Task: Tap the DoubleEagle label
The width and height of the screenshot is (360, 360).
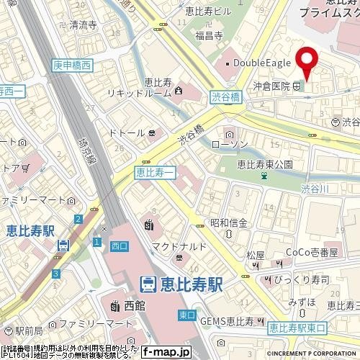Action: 260,64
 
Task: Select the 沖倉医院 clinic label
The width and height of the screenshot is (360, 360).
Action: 271,86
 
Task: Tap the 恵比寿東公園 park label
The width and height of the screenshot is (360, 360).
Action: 265,164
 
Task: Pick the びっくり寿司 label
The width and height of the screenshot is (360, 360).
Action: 305,279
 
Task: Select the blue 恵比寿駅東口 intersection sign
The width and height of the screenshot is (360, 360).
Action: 297,328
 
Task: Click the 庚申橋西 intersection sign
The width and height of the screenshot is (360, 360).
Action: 72,65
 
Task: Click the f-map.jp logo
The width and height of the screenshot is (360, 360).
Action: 166,352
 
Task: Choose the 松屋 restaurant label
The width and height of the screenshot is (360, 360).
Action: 255,255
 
